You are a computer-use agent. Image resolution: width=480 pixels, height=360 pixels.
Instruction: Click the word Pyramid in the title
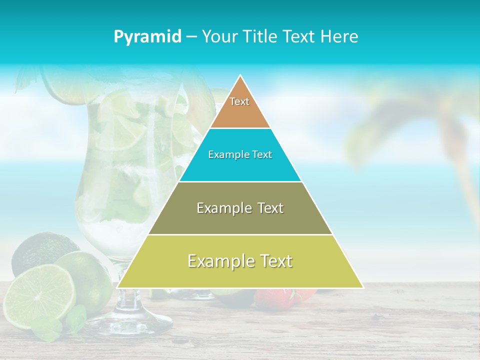(147, 37)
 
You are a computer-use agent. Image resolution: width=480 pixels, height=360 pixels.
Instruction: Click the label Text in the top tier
(239, 101)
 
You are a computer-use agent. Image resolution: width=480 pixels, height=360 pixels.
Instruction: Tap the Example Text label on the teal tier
(240, 154)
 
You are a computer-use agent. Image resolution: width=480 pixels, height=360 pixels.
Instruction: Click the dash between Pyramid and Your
(191, 37)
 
